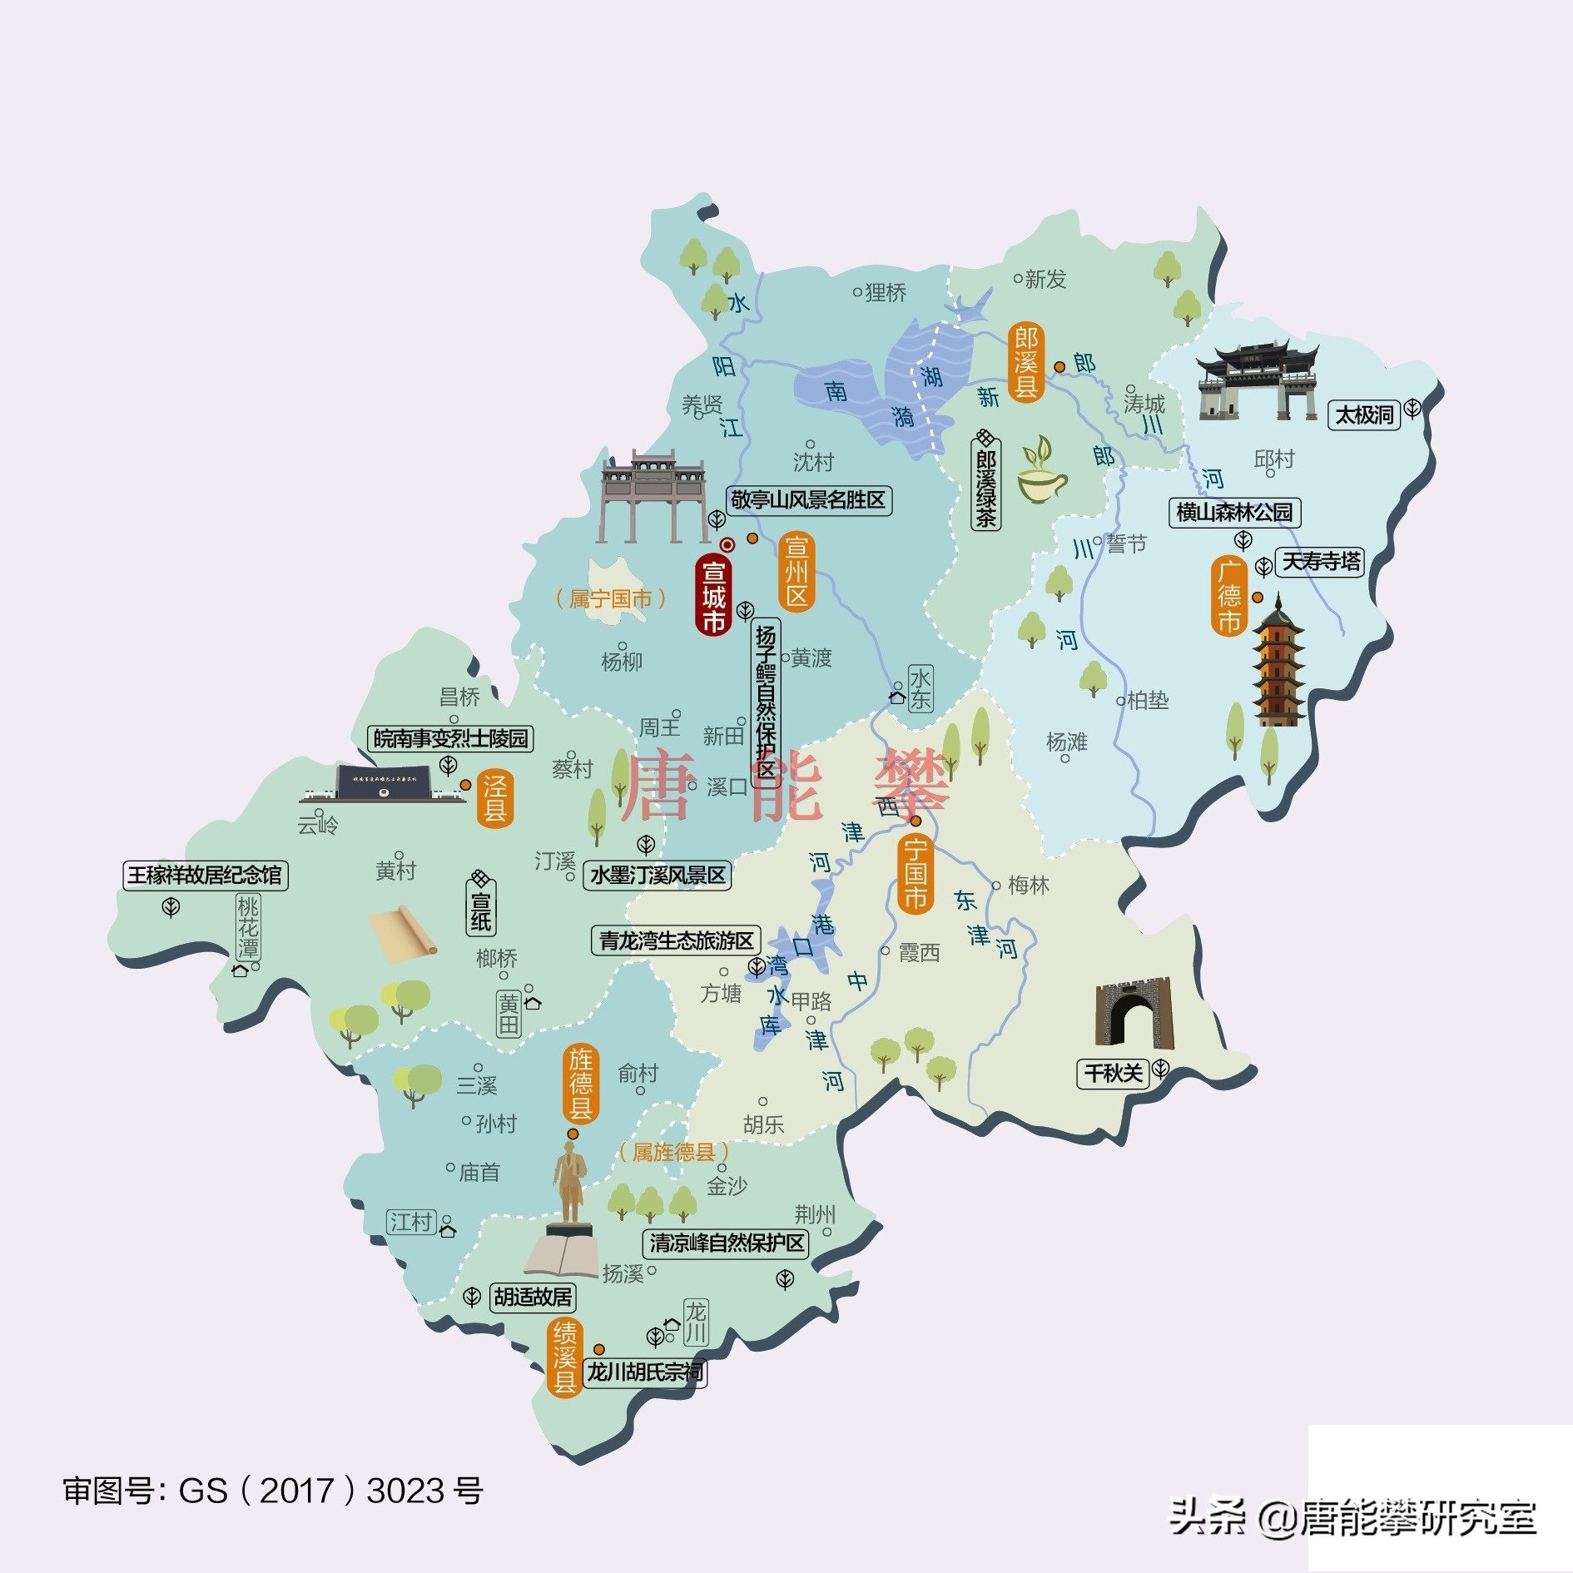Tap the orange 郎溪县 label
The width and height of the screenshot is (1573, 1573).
[1025, 363]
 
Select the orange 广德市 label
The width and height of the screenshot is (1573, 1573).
[1229, 596]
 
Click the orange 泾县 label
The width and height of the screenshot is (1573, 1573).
[494, 798]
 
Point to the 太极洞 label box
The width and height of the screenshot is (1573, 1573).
[1364, 414]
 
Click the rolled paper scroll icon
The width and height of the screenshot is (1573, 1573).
[403, 934]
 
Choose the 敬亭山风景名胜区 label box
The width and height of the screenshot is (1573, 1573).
[807, 500]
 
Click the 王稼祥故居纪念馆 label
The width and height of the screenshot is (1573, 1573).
[205, 875]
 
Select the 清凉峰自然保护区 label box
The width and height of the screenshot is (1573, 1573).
[727, 1243]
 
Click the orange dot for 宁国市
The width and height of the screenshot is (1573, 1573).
[916, 821]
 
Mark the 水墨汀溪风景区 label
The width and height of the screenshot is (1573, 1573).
[657, 876]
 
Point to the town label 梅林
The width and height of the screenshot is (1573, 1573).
[1028, 886]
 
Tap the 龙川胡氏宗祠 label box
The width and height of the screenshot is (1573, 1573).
[645, 1372]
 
